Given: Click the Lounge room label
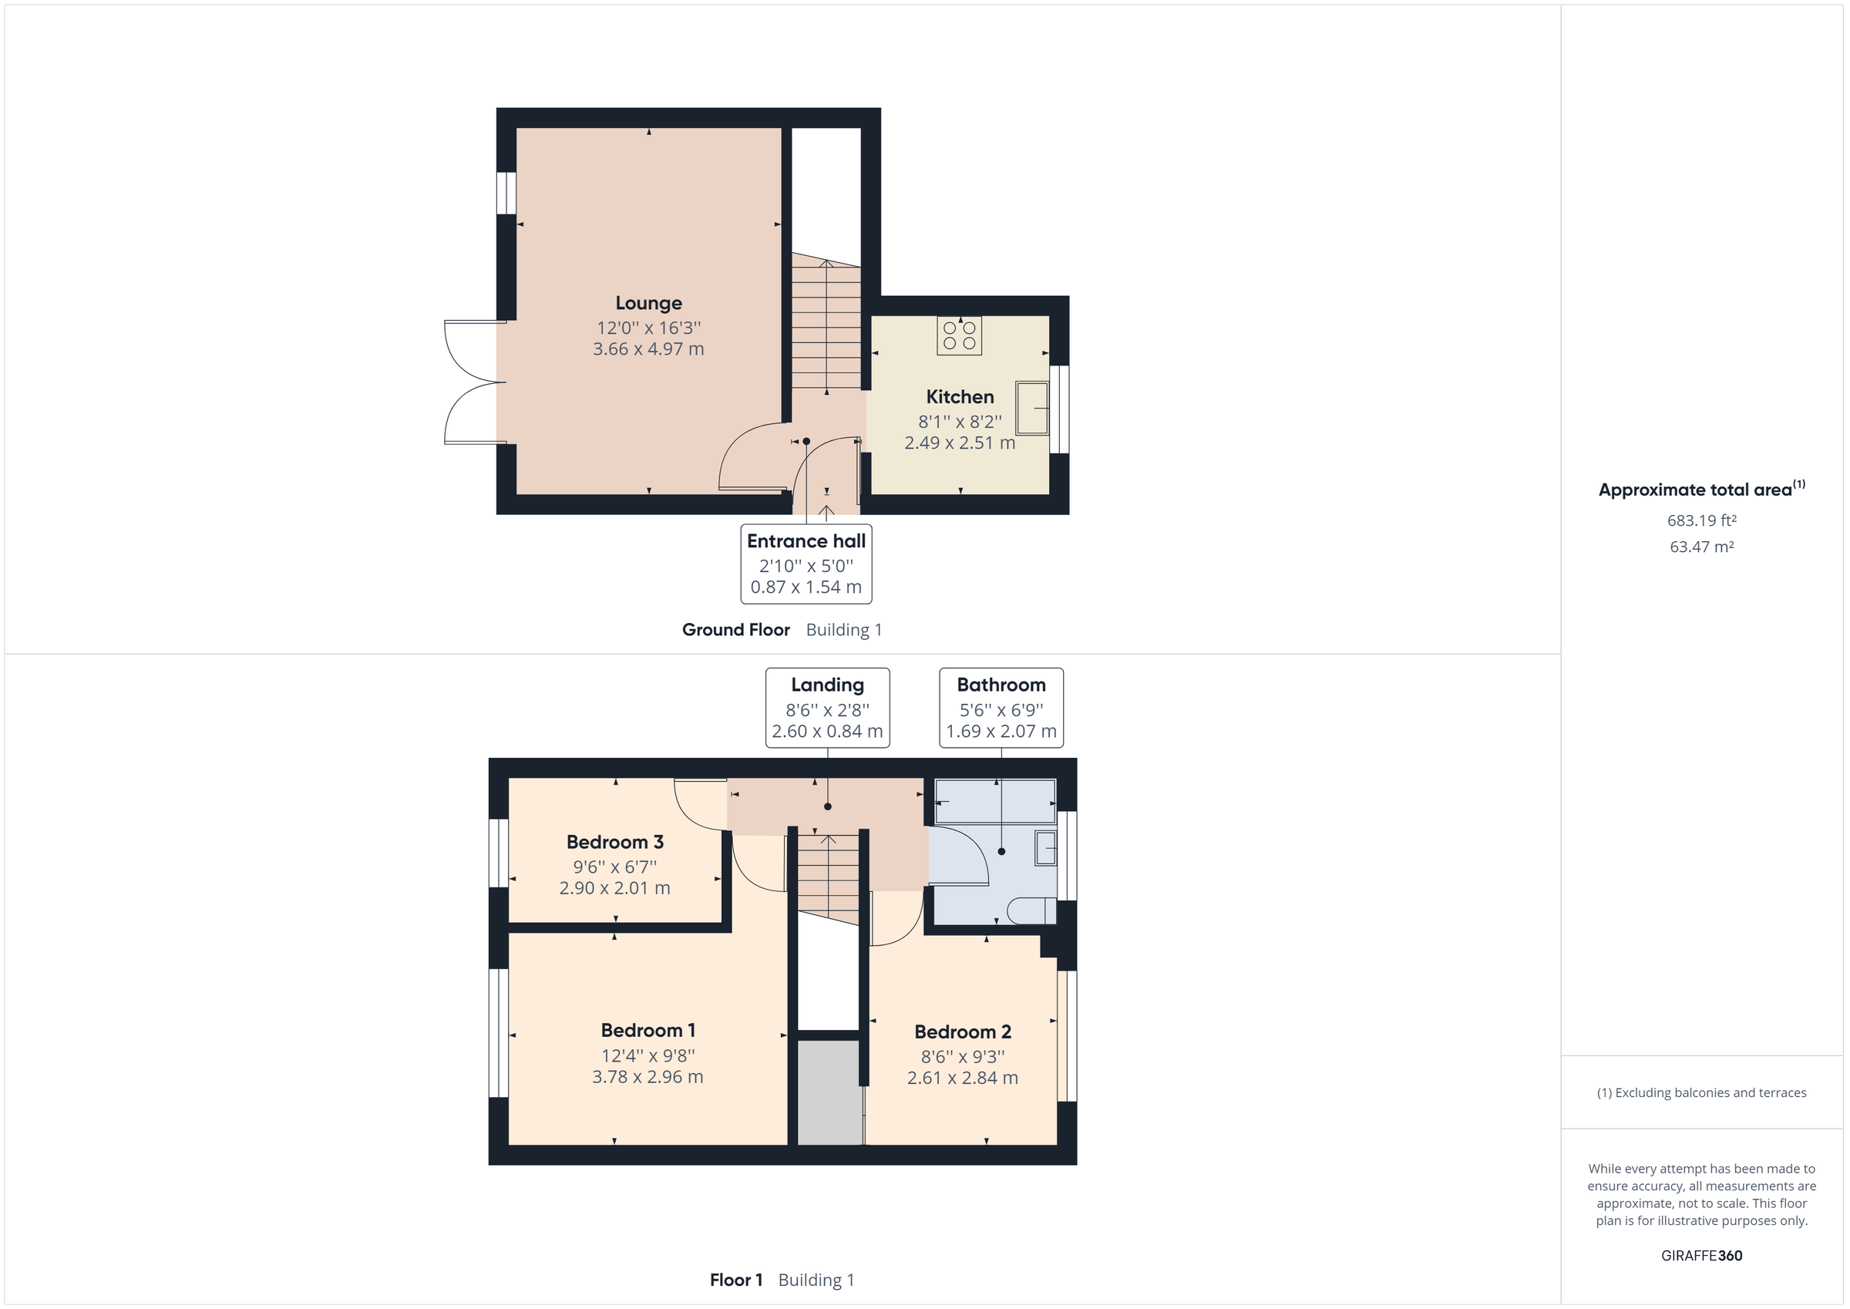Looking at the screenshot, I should point(647,303).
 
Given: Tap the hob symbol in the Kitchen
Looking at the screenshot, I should point(959,335).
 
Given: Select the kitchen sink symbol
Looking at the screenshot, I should point(1031,408).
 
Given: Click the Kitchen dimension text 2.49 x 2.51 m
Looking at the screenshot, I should point(959,443).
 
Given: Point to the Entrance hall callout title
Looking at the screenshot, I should point(806,541).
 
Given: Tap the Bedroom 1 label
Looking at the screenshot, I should point(647,1030).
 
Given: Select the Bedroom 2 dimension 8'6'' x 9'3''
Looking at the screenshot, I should point(962,1056).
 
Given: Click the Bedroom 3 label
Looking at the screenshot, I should point(615,842).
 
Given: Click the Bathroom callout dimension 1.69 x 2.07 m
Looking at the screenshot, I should point(1001,731).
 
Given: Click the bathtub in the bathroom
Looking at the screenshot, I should point(994,800).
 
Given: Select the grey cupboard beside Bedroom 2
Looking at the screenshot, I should point(829,1092).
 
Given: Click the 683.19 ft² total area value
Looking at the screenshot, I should point(1701,520).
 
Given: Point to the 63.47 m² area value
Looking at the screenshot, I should point(1701,547).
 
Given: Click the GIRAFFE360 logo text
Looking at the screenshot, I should point(1701,1255).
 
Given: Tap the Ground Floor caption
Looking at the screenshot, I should point(735,630).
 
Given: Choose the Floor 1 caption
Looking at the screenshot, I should point(735,1280).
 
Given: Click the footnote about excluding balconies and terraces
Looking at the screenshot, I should point(1701,1093).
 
